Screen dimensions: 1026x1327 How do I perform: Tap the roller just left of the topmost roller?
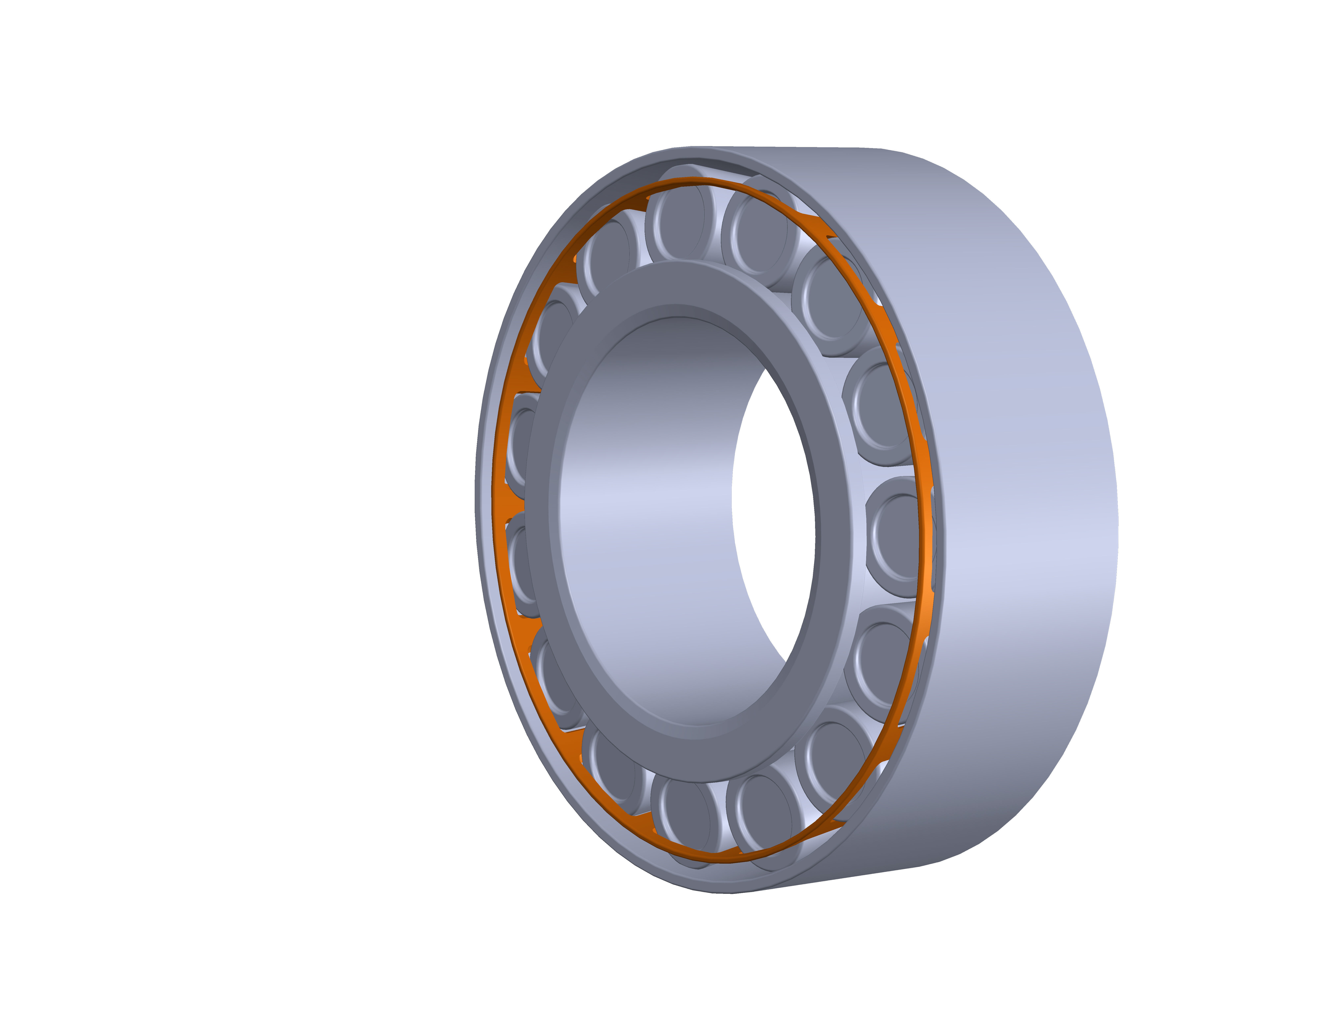608,255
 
